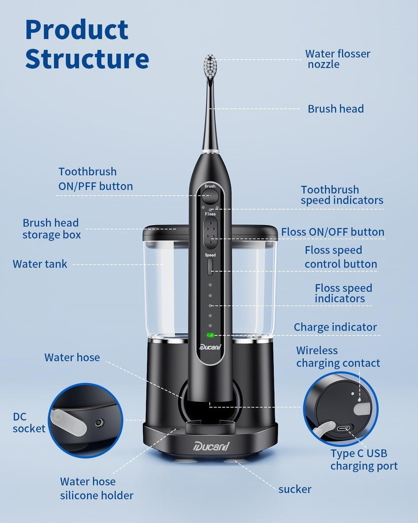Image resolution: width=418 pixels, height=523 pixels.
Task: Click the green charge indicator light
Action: [x=210, y=335]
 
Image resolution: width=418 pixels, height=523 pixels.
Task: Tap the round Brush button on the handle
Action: [x=210, y=196]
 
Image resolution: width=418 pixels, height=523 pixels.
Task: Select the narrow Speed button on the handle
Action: [x=210, y=266]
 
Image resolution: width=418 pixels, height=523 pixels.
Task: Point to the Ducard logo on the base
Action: [x=211, y=446]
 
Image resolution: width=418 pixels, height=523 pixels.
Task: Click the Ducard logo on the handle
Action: [x=210, y=347]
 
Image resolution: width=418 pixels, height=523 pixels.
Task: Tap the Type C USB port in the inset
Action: [x=345, y=429]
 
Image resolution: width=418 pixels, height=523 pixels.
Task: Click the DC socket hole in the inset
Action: [x=99, y=423]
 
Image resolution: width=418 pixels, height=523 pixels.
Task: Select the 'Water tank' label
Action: [x=40, y=264]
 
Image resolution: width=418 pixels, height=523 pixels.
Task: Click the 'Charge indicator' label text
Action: [x=335, y=327]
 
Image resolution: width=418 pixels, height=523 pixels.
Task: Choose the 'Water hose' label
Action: [x=72, y=357]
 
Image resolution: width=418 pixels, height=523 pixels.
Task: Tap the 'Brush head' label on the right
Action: [x=336, y=109]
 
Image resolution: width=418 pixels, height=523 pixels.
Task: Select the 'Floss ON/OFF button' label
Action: [x=333, y=232]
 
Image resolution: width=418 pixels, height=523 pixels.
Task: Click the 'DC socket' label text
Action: [x=29, y=422]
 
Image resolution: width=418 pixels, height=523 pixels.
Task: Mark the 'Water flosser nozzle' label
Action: [x=338, y=59]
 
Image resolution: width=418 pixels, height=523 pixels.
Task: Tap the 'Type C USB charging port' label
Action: [x=364, y=460]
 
